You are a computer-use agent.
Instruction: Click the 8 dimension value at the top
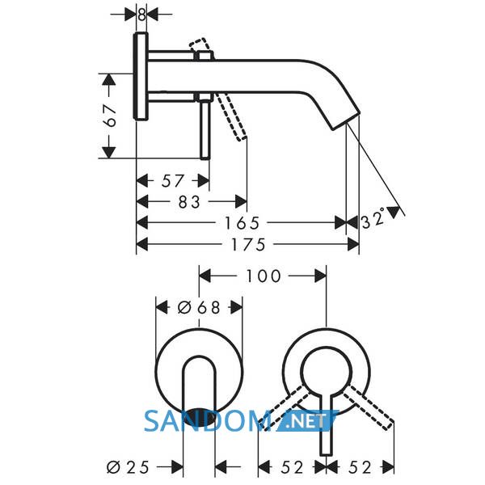pyautogui.click(x=141, y=15)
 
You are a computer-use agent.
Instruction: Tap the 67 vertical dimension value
pyautogui.click(x=111, y=116)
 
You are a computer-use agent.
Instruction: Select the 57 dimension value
pyautogui.click(x=173, y=181)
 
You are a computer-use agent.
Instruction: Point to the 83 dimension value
pyautogui.click(x=189, y=202)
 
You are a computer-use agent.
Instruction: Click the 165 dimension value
pyautogui.click(x=242, y=223)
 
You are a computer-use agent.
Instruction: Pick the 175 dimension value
pyautogui.click(x=248, y=245)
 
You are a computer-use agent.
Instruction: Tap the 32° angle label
pyautogui.click(x=373, y=219)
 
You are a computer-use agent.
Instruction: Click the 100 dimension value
pyautogui.click(x=264, y=276)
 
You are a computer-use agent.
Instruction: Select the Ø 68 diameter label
pyautogui.click(x=199, y=308)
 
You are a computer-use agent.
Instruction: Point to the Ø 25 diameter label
pyautogui.click(x=128, y=467)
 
